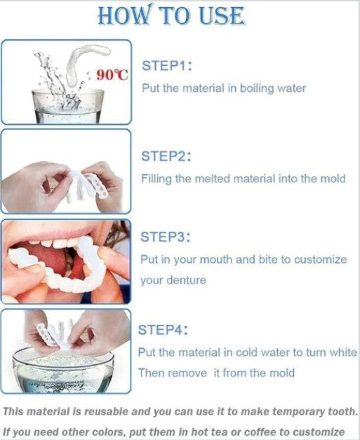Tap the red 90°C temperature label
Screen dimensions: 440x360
pyautogui.click(x=112, y=75)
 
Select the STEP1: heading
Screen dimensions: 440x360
pyautogui.click(x=167, y=66)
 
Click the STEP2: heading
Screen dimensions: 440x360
pyautogui.click(x=167, y=156)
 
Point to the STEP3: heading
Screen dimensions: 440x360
pyautogui.click(x=167, y=236)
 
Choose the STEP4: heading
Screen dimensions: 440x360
pyautogui.click(x=164, y=329)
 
